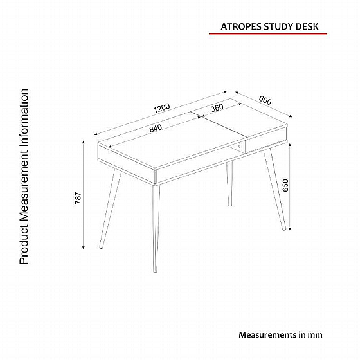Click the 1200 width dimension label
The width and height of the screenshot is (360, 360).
click(x=162, y=108)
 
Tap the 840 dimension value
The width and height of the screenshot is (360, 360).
click(x=156, y=128)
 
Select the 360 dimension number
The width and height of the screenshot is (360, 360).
click(x=217, y=107)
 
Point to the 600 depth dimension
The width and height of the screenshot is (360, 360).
click(x=265, y=100)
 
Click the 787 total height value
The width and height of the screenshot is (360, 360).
click(x=78, y=198)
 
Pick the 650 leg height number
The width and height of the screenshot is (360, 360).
click(x=285, y=185)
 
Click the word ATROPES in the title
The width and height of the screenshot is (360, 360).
click(x=241, y=27)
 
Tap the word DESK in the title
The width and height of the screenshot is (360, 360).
click(x=307, y=27)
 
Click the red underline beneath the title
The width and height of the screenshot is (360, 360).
click(x=268, y=33)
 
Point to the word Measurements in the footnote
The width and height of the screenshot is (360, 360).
click(x=267, y=335)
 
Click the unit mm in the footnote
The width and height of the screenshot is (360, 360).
click(x=315, y=335)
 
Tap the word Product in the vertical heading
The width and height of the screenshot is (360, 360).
click(x=24, y=245)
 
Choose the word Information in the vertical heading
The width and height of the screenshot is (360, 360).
click(x=24, y=120)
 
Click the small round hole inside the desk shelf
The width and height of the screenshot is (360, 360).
click(x=239, y=147)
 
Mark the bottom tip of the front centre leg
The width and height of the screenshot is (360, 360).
click(x=155, y=272)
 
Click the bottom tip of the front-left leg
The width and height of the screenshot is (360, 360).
click(x=101, y=248)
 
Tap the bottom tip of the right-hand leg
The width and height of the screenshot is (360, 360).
click(x=284, y=230)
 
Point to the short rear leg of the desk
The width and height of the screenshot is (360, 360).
click(x=230, y=184)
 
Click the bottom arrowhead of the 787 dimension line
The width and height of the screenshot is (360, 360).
click(x=84, y=248)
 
